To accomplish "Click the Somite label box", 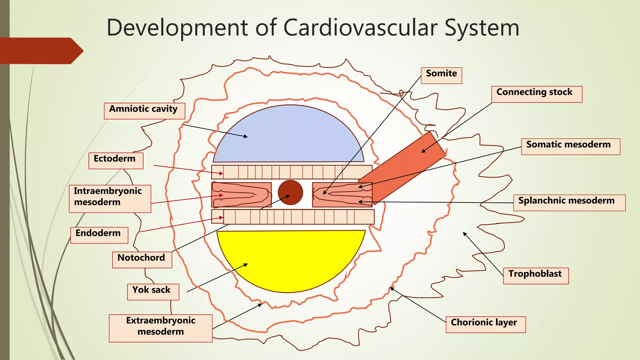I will (441, 75).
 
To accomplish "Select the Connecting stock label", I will (537, 94).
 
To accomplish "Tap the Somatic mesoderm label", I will (570, 147).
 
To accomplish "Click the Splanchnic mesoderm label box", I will (569, 202).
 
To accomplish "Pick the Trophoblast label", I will (536, 276).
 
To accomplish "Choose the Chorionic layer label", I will (485, 324).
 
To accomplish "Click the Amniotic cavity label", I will (144, 111).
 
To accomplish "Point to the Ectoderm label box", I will (116, 161).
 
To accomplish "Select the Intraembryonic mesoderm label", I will (110, 199).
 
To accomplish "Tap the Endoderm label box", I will (99, 235).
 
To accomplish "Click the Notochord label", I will (142, 260).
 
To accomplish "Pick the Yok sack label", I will (153, 292).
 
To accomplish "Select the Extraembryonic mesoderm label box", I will (160, 328).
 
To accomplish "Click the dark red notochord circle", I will (290, 192).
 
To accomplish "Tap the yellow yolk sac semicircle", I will (291, 259).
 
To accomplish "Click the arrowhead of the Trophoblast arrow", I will (464, 233).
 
